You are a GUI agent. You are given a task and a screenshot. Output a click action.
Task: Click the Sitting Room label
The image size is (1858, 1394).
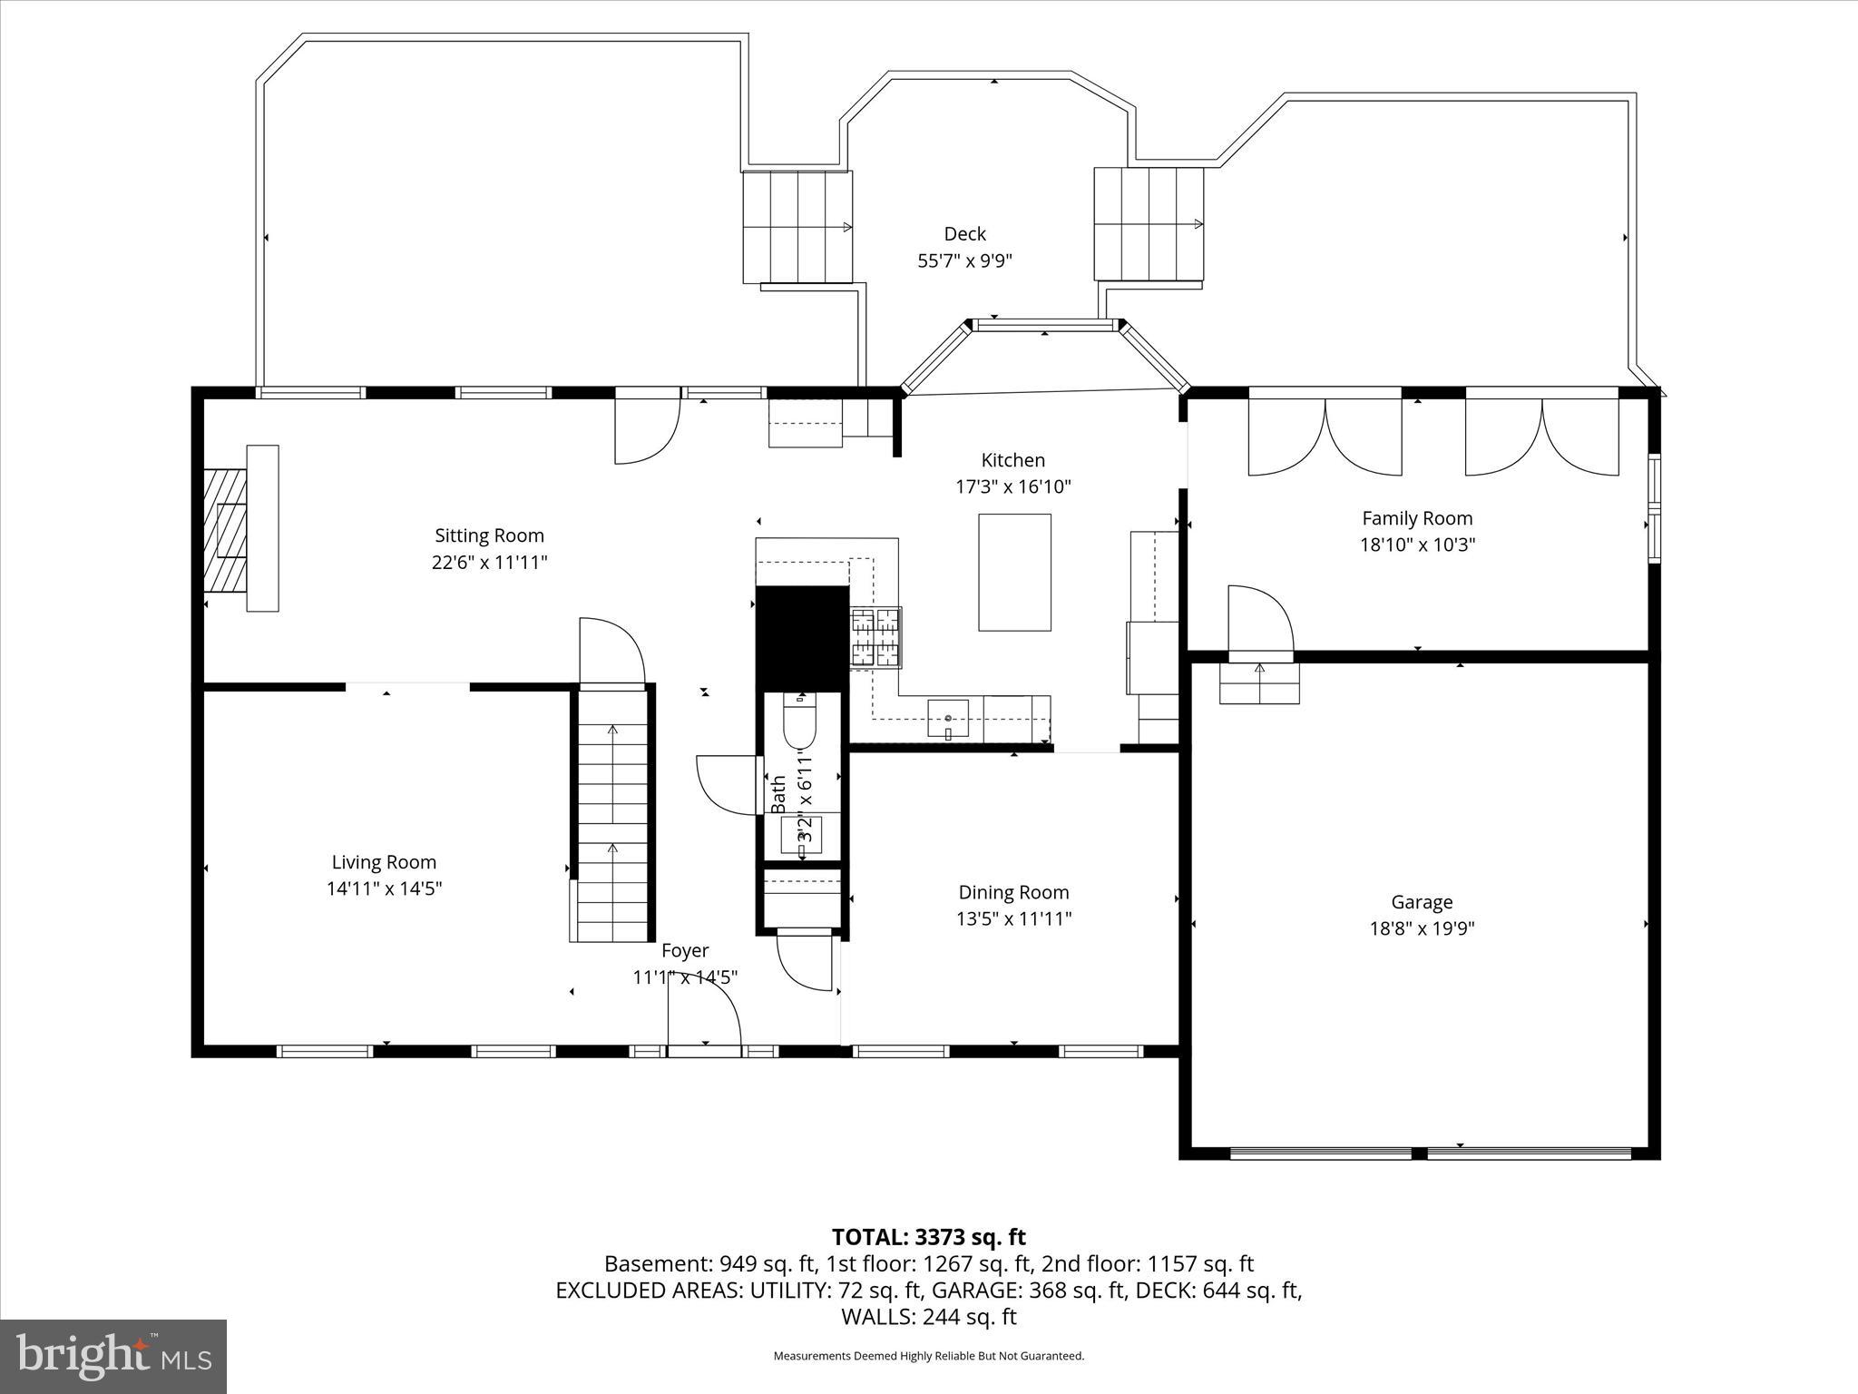pos(489,535)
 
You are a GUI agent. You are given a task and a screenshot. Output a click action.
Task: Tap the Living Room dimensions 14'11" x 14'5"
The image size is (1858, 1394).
pos(384,888)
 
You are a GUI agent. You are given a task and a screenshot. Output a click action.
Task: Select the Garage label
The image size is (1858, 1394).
pos(1422,902)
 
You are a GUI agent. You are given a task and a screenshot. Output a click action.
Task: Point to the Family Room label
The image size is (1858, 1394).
pos(1416,518)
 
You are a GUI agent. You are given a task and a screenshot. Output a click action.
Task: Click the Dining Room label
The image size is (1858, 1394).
pos(1013,892)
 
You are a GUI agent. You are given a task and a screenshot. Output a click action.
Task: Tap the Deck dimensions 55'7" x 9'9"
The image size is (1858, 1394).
pos(964,261)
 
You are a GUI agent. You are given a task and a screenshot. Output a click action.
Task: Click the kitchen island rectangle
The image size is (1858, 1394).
pos(1014,572)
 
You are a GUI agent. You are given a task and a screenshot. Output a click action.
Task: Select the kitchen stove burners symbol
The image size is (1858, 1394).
pos(875,637)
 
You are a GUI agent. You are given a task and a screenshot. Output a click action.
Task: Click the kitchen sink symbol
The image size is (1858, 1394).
pos(948,718)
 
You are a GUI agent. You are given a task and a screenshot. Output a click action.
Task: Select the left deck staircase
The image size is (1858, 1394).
pos(797,226)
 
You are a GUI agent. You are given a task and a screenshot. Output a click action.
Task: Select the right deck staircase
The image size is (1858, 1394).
pos(1148,223)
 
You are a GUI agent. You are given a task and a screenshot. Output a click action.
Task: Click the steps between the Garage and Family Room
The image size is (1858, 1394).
pos(1259,682)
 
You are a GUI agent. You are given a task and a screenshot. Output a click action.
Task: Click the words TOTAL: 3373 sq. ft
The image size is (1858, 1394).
pos(928,1237)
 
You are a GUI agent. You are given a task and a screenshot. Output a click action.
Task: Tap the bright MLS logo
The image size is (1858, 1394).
pos(113,1356)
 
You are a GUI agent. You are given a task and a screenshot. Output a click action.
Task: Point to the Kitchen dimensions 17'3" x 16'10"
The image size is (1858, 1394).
pos(1013,486)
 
